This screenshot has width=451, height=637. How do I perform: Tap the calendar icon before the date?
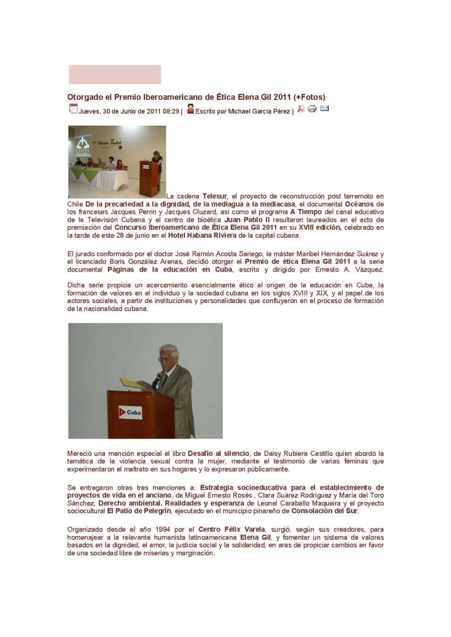pyautogui.click(x=73, y=109)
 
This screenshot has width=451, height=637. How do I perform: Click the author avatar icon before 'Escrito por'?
pyautogui.click(x=191, y=109)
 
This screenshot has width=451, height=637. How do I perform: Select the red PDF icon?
pyautogui.click(x=301, y=109)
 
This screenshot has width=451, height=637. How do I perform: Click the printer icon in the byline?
pyautogui.click(x=312, y=109)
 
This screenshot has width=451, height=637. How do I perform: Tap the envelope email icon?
pyautogui.click(x=325, y=109)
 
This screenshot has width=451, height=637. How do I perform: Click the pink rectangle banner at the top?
pyautogui.click(x=115, y=75)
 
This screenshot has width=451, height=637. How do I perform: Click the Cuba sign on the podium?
pyautogui.click(x=130, y=412)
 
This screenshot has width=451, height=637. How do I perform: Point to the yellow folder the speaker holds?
pyautogui.click(x=130, y=383)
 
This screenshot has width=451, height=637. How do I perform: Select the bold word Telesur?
pyautogui.click(x=215, y=196)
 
